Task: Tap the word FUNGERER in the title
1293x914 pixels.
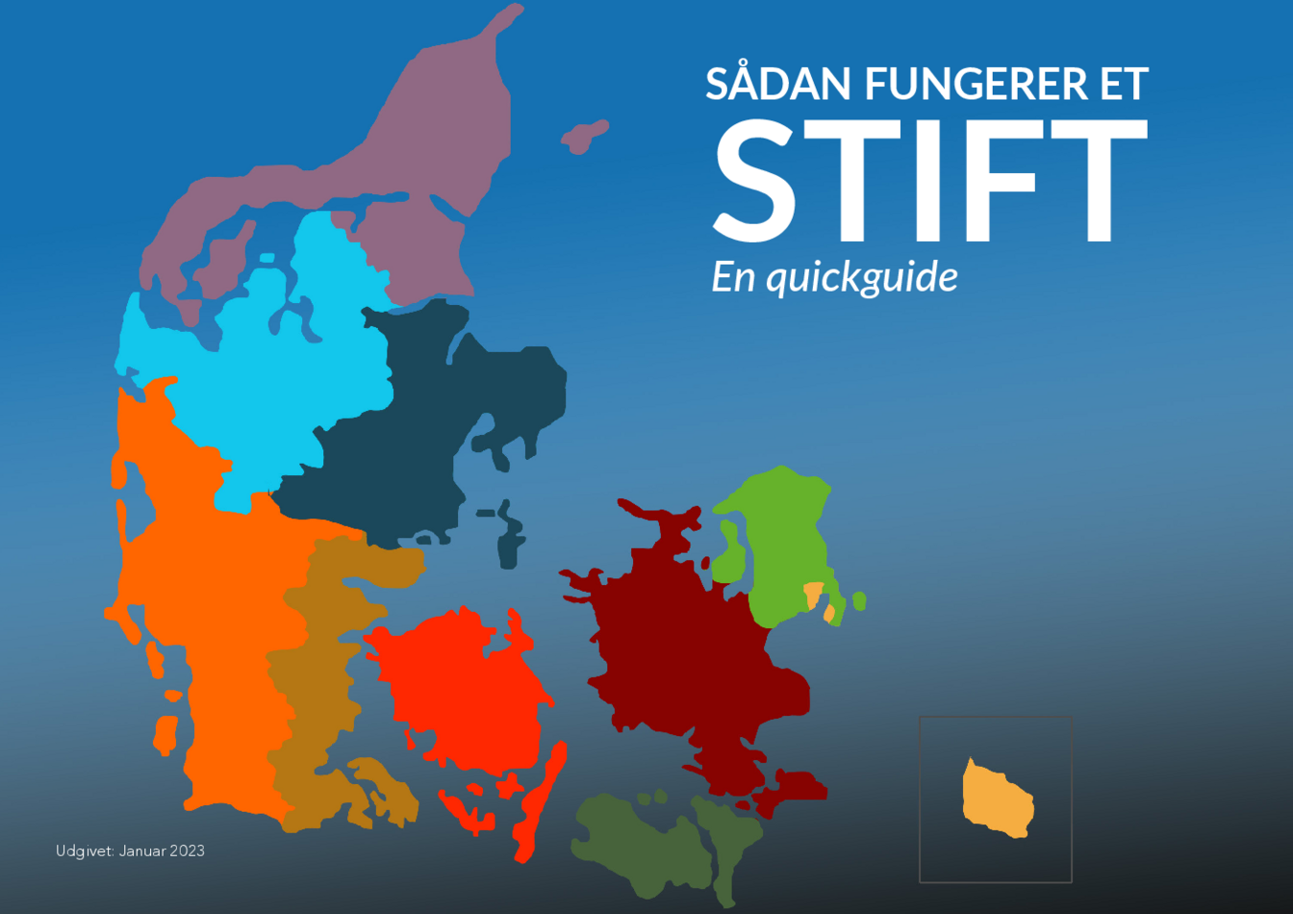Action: (976, 85)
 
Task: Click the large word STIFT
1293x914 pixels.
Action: (928, 183)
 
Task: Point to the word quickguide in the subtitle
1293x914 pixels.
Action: (862, 278)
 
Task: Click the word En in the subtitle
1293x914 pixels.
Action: (733, 277)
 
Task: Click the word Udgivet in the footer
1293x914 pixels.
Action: (85, 851)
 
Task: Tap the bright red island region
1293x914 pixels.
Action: (462, 693)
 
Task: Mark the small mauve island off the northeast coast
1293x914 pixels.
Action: (584, 137)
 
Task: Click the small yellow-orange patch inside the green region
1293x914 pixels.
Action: (813, 593)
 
